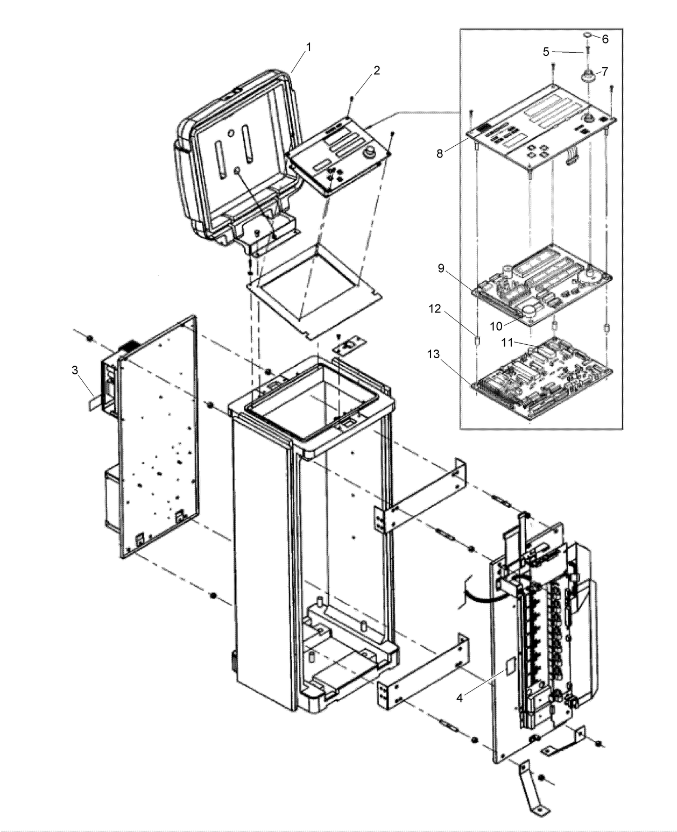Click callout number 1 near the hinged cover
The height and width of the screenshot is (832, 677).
coord(308,47)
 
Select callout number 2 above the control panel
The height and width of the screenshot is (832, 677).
coord(377,70)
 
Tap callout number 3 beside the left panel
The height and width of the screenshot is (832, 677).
coord(75,370)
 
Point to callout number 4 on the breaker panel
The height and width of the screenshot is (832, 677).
coord(459,698)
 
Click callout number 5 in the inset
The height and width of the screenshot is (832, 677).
coord(546,52)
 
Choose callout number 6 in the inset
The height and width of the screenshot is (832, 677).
coord(605,39)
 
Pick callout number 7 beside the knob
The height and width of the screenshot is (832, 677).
coord(604,71)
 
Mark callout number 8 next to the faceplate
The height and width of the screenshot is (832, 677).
coord(440,153)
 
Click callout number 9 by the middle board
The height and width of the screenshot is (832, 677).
coord(441,268)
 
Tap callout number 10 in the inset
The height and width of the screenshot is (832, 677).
coord(496,326)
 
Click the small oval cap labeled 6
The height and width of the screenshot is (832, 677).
coord(588,35)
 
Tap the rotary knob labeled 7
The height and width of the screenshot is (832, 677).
coord(587,76)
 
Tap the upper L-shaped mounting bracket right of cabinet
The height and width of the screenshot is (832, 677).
coord(420,495)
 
